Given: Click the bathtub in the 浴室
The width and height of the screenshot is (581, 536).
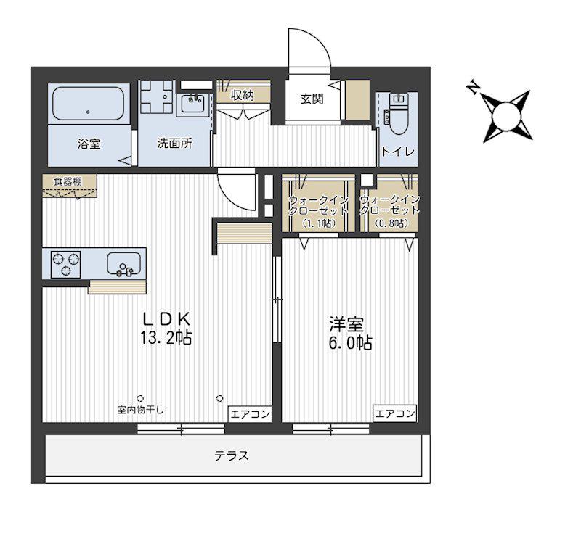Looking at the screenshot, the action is [88, 104].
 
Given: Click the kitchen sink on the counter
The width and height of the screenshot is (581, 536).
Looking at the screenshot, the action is [123, 263].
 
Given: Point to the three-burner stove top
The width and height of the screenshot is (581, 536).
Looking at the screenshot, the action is [65, 264].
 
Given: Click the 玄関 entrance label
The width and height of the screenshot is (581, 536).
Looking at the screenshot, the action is [312, 99].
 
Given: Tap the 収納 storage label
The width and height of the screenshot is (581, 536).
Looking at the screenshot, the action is [243, 96].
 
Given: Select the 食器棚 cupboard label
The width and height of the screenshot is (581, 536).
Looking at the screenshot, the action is [68, 181].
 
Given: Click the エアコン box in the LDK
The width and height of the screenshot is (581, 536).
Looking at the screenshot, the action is [250, 414].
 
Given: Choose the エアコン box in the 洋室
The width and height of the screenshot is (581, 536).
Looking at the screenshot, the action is [394, 413].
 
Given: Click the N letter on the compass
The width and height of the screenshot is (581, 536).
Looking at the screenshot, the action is [473, 87].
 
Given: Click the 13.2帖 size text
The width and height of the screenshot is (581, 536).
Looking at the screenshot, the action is [166, 337].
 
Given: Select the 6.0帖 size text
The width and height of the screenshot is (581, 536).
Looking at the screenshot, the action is [351, 343].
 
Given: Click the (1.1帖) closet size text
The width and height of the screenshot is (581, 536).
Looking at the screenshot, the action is [319, 223].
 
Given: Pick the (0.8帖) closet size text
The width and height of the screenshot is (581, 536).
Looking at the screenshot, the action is [391, 223].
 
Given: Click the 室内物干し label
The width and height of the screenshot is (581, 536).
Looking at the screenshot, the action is [140, 410].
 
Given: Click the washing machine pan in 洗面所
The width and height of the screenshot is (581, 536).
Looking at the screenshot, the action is [157, 96].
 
